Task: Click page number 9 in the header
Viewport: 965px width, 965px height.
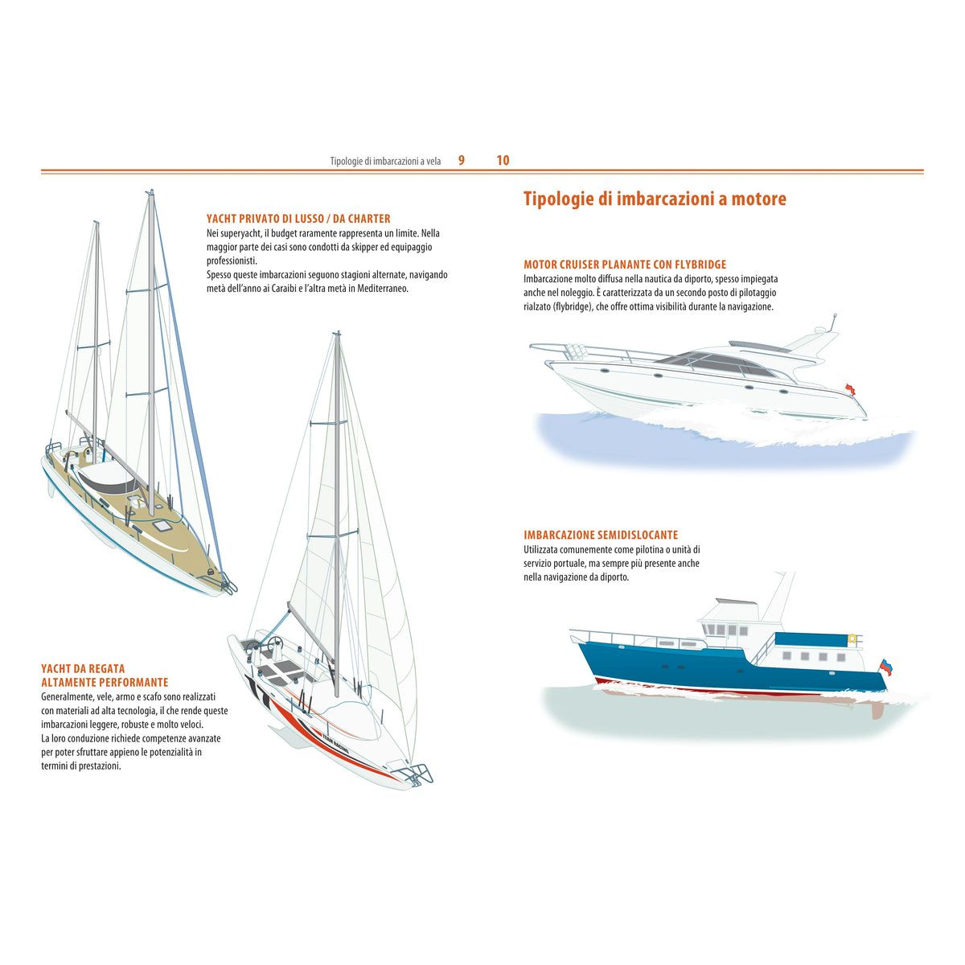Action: [x=462, y=160]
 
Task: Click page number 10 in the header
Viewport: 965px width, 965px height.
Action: [x=503, y=160]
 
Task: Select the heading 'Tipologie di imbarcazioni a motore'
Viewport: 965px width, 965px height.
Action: [x=655, y=199]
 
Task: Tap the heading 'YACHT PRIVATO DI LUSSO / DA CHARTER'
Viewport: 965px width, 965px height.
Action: [x=298, y=219]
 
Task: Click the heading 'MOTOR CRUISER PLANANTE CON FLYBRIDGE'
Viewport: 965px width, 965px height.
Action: [x=625, y=265]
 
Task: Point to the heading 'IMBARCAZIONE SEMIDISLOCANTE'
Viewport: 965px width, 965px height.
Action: [x=601, y=535]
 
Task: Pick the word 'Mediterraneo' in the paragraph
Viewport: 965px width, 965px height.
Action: [x=383, y=289]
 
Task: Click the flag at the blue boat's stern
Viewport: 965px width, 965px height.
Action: [x=886, y=667]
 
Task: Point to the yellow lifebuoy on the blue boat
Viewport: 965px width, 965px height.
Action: [x=852, y=639]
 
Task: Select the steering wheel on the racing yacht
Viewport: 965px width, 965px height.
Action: [x=275, y=643]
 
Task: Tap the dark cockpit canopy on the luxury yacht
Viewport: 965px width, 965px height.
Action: [x=107, y=481]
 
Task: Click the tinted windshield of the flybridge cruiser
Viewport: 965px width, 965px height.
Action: [x=717, y=364]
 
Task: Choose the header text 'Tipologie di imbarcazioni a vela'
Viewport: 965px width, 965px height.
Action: [x=385, y=162]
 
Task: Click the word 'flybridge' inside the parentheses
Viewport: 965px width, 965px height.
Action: [x=573, y=306]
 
